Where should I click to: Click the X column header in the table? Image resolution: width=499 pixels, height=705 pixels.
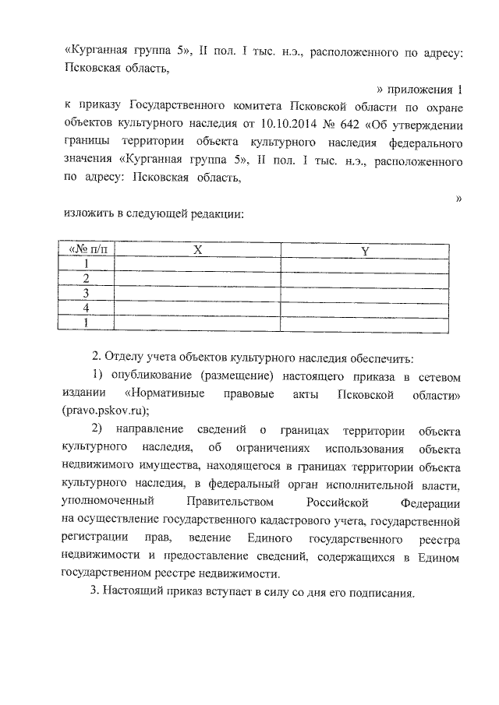(198, 250)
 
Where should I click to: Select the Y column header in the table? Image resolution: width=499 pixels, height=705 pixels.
(365, 250)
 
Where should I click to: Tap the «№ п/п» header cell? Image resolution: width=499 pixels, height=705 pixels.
(87, 250)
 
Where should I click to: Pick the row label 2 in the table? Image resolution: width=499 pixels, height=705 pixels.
(87, 279)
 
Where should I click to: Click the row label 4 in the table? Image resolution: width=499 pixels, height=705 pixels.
(87, 308)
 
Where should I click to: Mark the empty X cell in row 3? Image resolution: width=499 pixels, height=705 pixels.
(198, 294)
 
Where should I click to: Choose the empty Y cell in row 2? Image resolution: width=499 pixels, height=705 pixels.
(365, 279)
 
